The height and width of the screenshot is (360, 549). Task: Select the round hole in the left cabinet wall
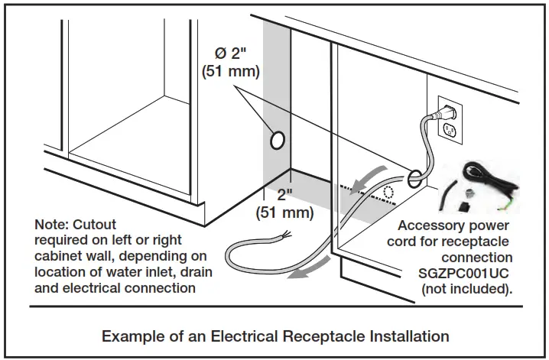point(278,140)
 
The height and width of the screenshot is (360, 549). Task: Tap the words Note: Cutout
point(75,225)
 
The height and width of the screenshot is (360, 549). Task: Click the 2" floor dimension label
point(285,195)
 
